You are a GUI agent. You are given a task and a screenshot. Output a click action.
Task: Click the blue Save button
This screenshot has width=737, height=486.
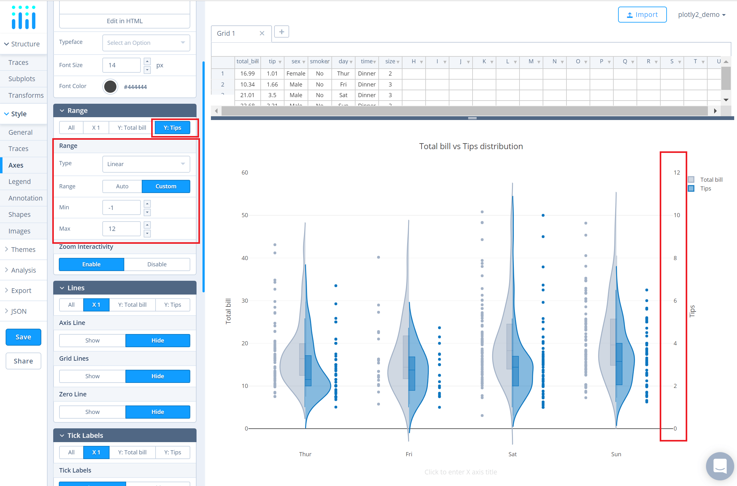pos(23,337)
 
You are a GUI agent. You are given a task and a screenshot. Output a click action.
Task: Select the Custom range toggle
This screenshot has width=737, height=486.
pos(166,186)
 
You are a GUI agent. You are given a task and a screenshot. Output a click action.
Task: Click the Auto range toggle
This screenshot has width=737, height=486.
pos(122,186)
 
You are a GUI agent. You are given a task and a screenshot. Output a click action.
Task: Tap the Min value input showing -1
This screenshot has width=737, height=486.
pos(121,207)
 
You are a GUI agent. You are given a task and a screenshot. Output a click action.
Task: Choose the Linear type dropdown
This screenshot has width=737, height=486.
pos(146,164)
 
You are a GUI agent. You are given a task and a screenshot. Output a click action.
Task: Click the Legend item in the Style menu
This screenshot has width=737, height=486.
pos(19,181)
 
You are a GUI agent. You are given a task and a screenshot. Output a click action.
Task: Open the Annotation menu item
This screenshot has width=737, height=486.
pos(25,198)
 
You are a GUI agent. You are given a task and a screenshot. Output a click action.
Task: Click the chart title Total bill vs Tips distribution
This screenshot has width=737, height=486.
pos(471,146)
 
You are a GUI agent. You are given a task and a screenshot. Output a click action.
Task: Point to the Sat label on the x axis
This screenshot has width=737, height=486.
pos(512,454)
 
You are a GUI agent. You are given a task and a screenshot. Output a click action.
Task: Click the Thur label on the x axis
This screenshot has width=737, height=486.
pos(305,454)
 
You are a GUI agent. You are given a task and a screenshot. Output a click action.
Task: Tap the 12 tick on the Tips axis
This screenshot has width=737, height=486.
pos(677,173)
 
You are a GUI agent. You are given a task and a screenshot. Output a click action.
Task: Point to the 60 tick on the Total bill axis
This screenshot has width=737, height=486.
pos(245,173)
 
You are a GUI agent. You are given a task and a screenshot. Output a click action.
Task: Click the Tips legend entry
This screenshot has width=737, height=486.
pos(705,188)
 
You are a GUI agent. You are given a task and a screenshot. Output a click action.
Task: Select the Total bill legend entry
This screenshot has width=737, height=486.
pos(711,180)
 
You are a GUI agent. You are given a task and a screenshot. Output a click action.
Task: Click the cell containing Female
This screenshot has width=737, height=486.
pos(296,74)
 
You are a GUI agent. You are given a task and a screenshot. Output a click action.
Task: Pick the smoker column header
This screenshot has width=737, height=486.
pos(319,61)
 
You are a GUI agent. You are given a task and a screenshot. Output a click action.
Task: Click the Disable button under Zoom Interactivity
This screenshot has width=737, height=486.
pos(157,264)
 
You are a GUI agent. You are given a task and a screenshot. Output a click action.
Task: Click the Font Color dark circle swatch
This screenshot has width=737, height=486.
pos(110,86)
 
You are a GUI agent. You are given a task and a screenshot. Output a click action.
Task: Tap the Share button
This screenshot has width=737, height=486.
pos(23,361)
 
